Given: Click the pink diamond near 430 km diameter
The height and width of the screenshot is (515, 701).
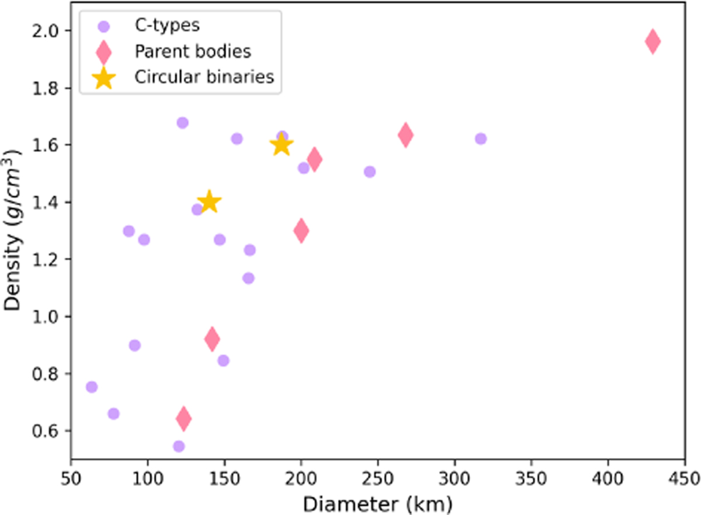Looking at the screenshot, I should [x=653, y=41].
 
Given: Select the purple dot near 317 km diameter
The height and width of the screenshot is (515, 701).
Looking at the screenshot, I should [x=480, y=138].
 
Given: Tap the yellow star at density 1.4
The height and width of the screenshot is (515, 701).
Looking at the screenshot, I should [x=209, y=202].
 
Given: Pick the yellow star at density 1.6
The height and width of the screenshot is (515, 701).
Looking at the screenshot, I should [x=282, y=144].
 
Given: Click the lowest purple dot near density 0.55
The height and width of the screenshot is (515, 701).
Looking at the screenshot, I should [x=179, y=446].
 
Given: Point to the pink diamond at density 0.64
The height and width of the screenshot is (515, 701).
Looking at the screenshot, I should [x=183, y=418].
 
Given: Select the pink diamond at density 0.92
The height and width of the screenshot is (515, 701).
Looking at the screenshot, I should [x=212, y=339].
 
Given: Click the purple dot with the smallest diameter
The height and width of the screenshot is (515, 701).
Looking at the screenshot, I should [x=92, y=387].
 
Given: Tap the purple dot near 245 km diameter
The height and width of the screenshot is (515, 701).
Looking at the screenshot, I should [x=369, y=172].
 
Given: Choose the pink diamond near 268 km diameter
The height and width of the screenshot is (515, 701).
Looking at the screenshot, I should [x=405, y=135].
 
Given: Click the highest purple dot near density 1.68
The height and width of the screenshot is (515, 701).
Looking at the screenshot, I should [x=182, y=123].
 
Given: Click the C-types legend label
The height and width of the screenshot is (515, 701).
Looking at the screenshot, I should [x=159, y=26].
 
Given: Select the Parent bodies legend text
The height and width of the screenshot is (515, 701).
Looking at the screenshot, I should [x=193, y=51].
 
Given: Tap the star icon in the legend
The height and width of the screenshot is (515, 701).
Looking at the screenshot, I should [x=103, y=77].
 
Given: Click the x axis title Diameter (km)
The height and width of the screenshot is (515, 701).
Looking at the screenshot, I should [x=377, y=502].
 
